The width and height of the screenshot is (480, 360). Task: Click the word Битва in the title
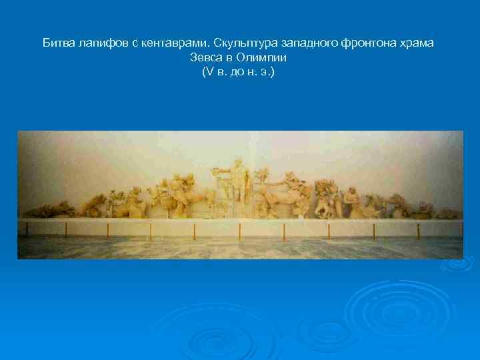58,43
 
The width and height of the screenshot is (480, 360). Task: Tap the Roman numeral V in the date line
205,71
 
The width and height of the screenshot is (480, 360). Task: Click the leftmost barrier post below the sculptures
27,230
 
